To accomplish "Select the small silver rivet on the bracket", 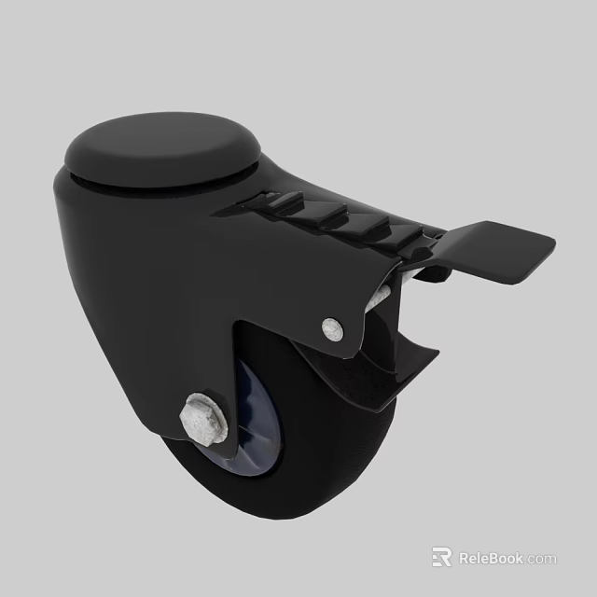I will [x=330, y=326].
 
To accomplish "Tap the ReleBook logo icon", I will [x=441, y=558].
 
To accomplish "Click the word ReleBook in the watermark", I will [x=492, y=559].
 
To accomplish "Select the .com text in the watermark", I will [x=541, y=559].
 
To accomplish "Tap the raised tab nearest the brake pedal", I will [x=378, y=229].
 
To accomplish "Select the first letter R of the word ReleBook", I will [x=464, y=559].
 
